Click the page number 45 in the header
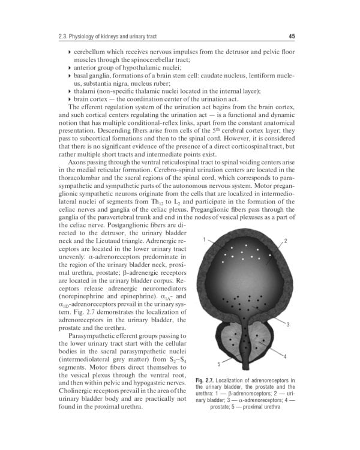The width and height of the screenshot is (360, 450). point(292,37)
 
